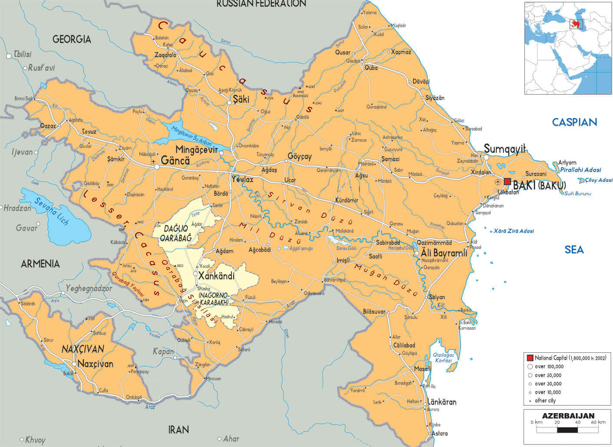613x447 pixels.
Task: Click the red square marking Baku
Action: click(507, 181)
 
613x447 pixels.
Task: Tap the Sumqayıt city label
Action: click(504, 148)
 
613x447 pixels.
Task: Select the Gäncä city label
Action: click(175, 161)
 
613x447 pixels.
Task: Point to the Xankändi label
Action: click(216, 276)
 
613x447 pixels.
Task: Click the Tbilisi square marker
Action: click(9, 56)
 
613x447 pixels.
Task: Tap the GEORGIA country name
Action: click(72, 39)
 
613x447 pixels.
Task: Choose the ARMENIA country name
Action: click(40, 263)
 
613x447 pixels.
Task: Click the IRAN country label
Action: click(178, 430)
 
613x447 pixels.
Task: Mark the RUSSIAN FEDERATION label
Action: click(261, 4)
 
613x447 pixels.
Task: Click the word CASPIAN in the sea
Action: click(574, 122)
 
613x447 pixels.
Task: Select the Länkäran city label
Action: click(442, 402)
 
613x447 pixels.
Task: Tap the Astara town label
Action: click(440, 433)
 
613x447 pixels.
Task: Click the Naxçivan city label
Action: click(95, 364)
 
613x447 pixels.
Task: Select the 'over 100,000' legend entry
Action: click(549, 367)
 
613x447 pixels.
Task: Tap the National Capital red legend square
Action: click(530, 358)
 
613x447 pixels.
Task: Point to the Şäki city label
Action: click(241, 99)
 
